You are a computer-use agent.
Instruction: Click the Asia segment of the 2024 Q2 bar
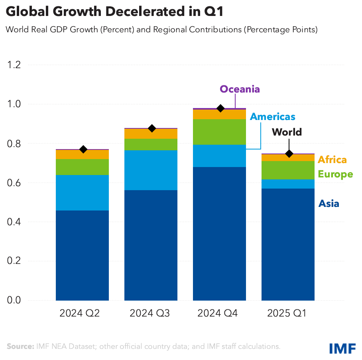tap(82, 255)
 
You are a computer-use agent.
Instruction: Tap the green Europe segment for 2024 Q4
tap(219, 132)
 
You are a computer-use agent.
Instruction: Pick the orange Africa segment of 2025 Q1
tap(288, 157)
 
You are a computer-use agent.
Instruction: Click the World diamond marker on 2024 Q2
tap(83, 150)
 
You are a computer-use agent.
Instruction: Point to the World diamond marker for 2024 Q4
tap(220, 108)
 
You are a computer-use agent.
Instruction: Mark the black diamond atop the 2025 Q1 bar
tap(289, 154)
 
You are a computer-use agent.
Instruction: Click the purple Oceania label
tap(240, 89)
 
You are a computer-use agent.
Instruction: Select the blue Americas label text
tap(272, 116)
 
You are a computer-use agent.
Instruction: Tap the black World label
tap(287, 132)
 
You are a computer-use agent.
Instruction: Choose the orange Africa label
tap(332, 160)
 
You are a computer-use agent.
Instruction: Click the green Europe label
tap(335, 174)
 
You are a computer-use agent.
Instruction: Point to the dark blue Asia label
tap(329, 204)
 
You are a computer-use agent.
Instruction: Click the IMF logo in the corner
tap(342, 348)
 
